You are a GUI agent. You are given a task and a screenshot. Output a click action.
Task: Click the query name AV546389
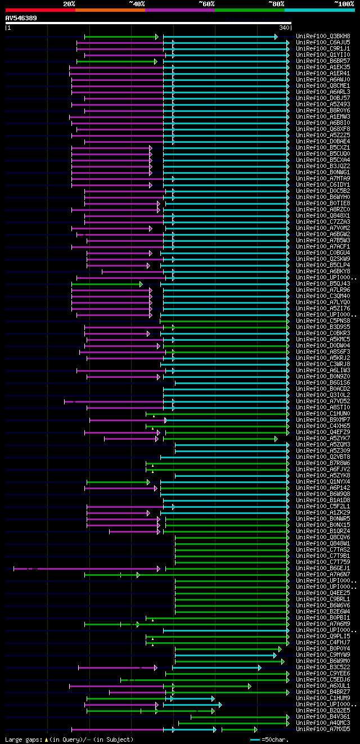click(x=21, y=18)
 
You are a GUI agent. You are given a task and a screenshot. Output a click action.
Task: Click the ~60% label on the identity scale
click(x=206, y=4)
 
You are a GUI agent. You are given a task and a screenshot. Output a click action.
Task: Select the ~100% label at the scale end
click(x=344, y=4)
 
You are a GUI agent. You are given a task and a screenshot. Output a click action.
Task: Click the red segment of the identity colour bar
click(x=39, y=10)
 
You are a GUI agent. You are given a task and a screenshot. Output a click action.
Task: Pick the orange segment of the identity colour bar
click(x=110, y=10)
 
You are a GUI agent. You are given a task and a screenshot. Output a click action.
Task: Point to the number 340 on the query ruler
click(x=284, y=28)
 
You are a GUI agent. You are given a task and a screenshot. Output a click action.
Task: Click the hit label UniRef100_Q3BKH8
click(x=323, y=37)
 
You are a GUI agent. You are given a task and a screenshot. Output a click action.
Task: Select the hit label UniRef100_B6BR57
click(x=323, y=61)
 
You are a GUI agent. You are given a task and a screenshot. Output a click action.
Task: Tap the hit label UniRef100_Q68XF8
click(x=323, y=129)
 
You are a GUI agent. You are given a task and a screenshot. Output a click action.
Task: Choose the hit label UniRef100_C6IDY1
click(x=323, y=185)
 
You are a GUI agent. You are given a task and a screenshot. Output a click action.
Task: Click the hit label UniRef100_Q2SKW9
click(x=323, y=259)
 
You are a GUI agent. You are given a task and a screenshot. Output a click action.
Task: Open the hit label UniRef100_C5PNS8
click(x=323, y=321)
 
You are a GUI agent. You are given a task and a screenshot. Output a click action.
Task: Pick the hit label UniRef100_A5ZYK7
click(x=323, y=439)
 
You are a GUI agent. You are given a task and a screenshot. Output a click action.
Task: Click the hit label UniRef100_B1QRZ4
click(x=323, y=531)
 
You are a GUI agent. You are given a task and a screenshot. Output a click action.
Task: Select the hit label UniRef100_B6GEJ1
click(x=323, y=569)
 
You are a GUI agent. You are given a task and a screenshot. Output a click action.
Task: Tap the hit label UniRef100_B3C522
click(x=323, y=668)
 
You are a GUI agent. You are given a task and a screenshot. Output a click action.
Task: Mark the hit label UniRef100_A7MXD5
click(x=323, y=729)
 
